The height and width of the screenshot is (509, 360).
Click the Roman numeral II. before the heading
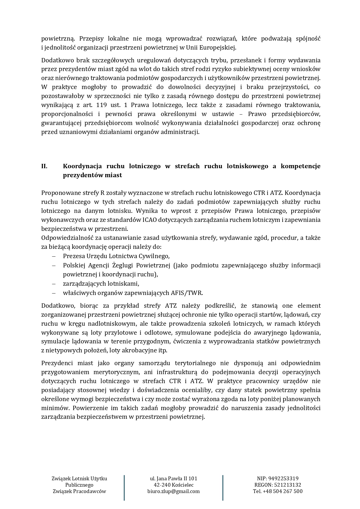pos(44,166)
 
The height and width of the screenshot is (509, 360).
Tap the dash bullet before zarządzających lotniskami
pos(53,284)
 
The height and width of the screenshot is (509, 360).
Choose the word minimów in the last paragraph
pos(55,408)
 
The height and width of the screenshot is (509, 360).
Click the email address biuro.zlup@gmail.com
pos(173,491)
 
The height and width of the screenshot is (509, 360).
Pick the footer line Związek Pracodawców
pos(79,491)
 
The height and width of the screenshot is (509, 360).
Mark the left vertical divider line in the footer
pos(124,487)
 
